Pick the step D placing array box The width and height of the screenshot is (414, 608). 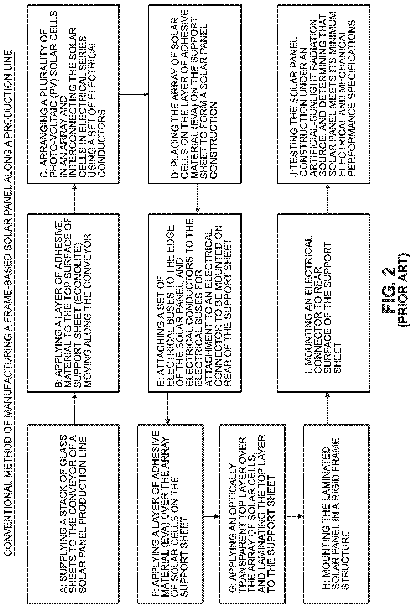[x=195, y=94]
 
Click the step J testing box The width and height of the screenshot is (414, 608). [x=324, y=94]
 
